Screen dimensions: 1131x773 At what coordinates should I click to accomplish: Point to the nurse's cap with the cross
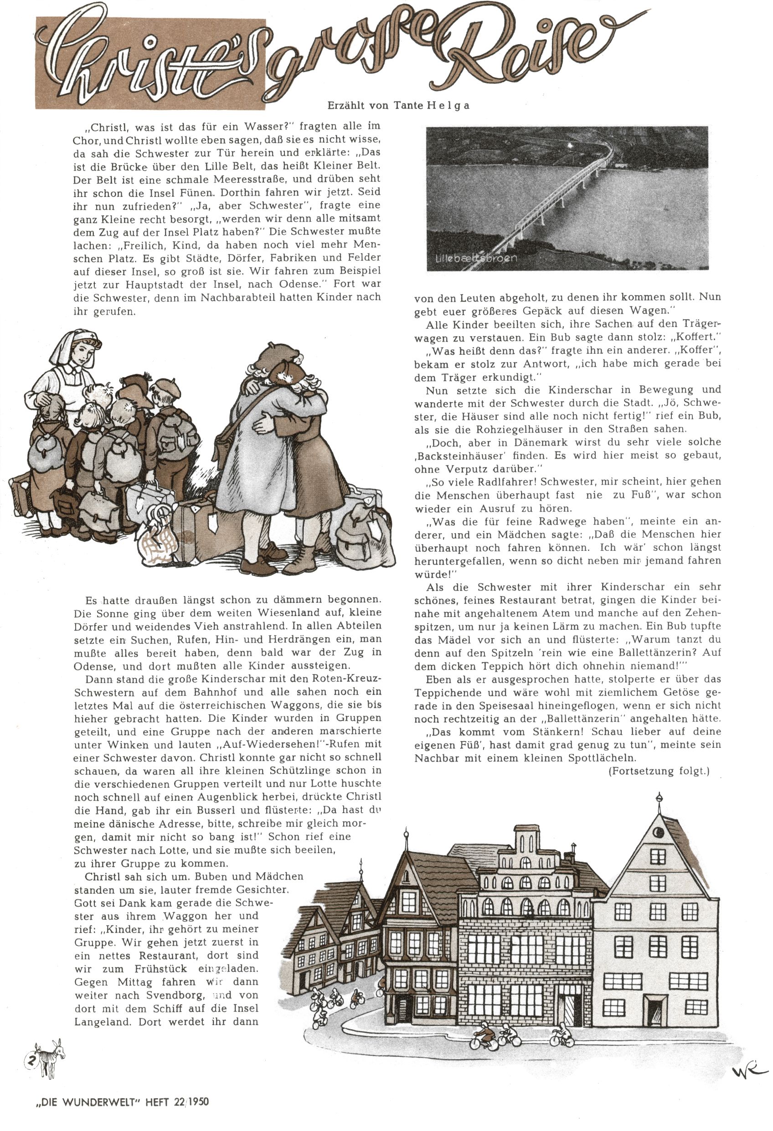pos(75,343)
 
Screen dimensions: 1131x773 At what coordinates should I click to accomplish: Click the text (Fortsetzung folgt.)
pos(659,771)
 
